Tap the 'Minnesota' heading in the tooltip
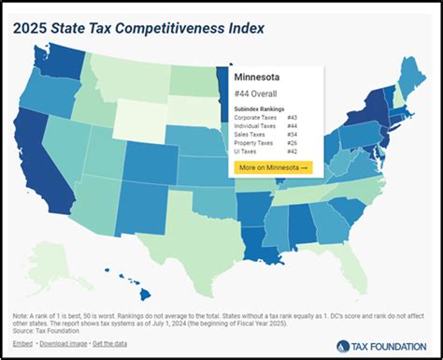click(x=261, y=79)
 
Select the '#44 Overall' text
click(x=258, y=95)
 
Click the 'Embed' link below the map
click(x=22, y=342)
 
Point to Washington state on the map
click(x=59, y=59)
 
